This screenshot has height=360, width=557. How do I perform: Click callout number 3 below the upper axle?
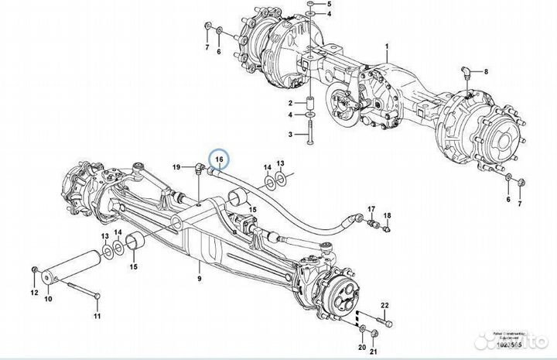click(x=292, y=134)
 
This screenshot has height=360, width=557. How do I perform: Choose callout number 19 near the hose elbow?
click(x=177, y=167)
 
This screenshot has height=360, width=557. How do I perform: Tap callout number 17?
click(x=371, y=209)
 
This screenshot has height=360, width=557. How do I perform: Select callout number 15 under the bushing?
click(x=132, y=267)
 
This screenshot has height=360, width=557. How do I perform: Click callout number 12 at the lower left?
click(x=33, y=292)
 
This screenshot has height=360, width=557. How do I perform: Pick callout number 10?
click(x=47, y=298)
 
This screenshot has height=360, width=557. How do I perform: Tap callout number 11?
click(x=97, y=317)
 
